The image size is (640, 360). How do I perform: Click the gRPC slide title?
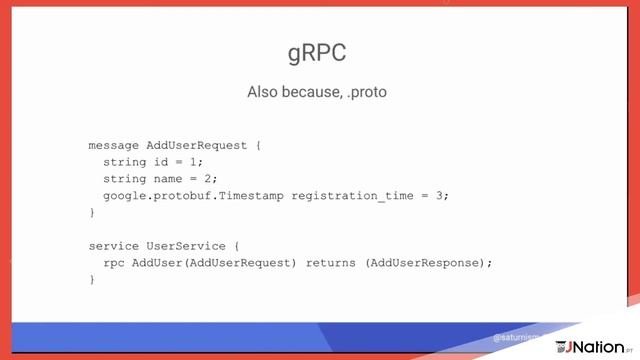[317, 54]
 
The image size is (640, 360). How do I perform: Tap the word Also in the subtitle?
[263, 92]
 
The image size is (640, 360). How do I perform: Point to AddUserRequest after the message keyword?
[197, 145]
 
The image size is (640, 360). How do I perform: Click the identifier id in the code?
[161, 162]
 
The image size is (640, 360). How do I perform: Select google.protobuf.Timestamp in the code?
[193, 196]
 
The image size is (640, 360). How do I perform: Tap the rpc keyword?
[114, 263]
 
